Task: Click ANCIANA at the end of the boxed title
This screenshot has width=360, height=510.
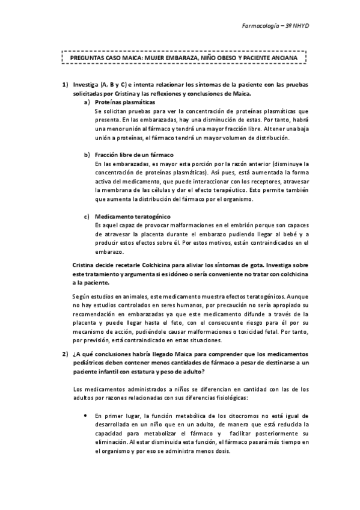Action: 281,58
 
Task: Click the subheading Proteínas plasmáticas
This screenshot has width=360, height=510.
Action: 121,102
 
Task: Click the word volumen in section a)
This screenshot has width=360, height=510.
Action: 240,138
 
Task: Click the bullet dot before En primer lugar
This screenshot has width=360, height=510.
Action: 88,415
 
